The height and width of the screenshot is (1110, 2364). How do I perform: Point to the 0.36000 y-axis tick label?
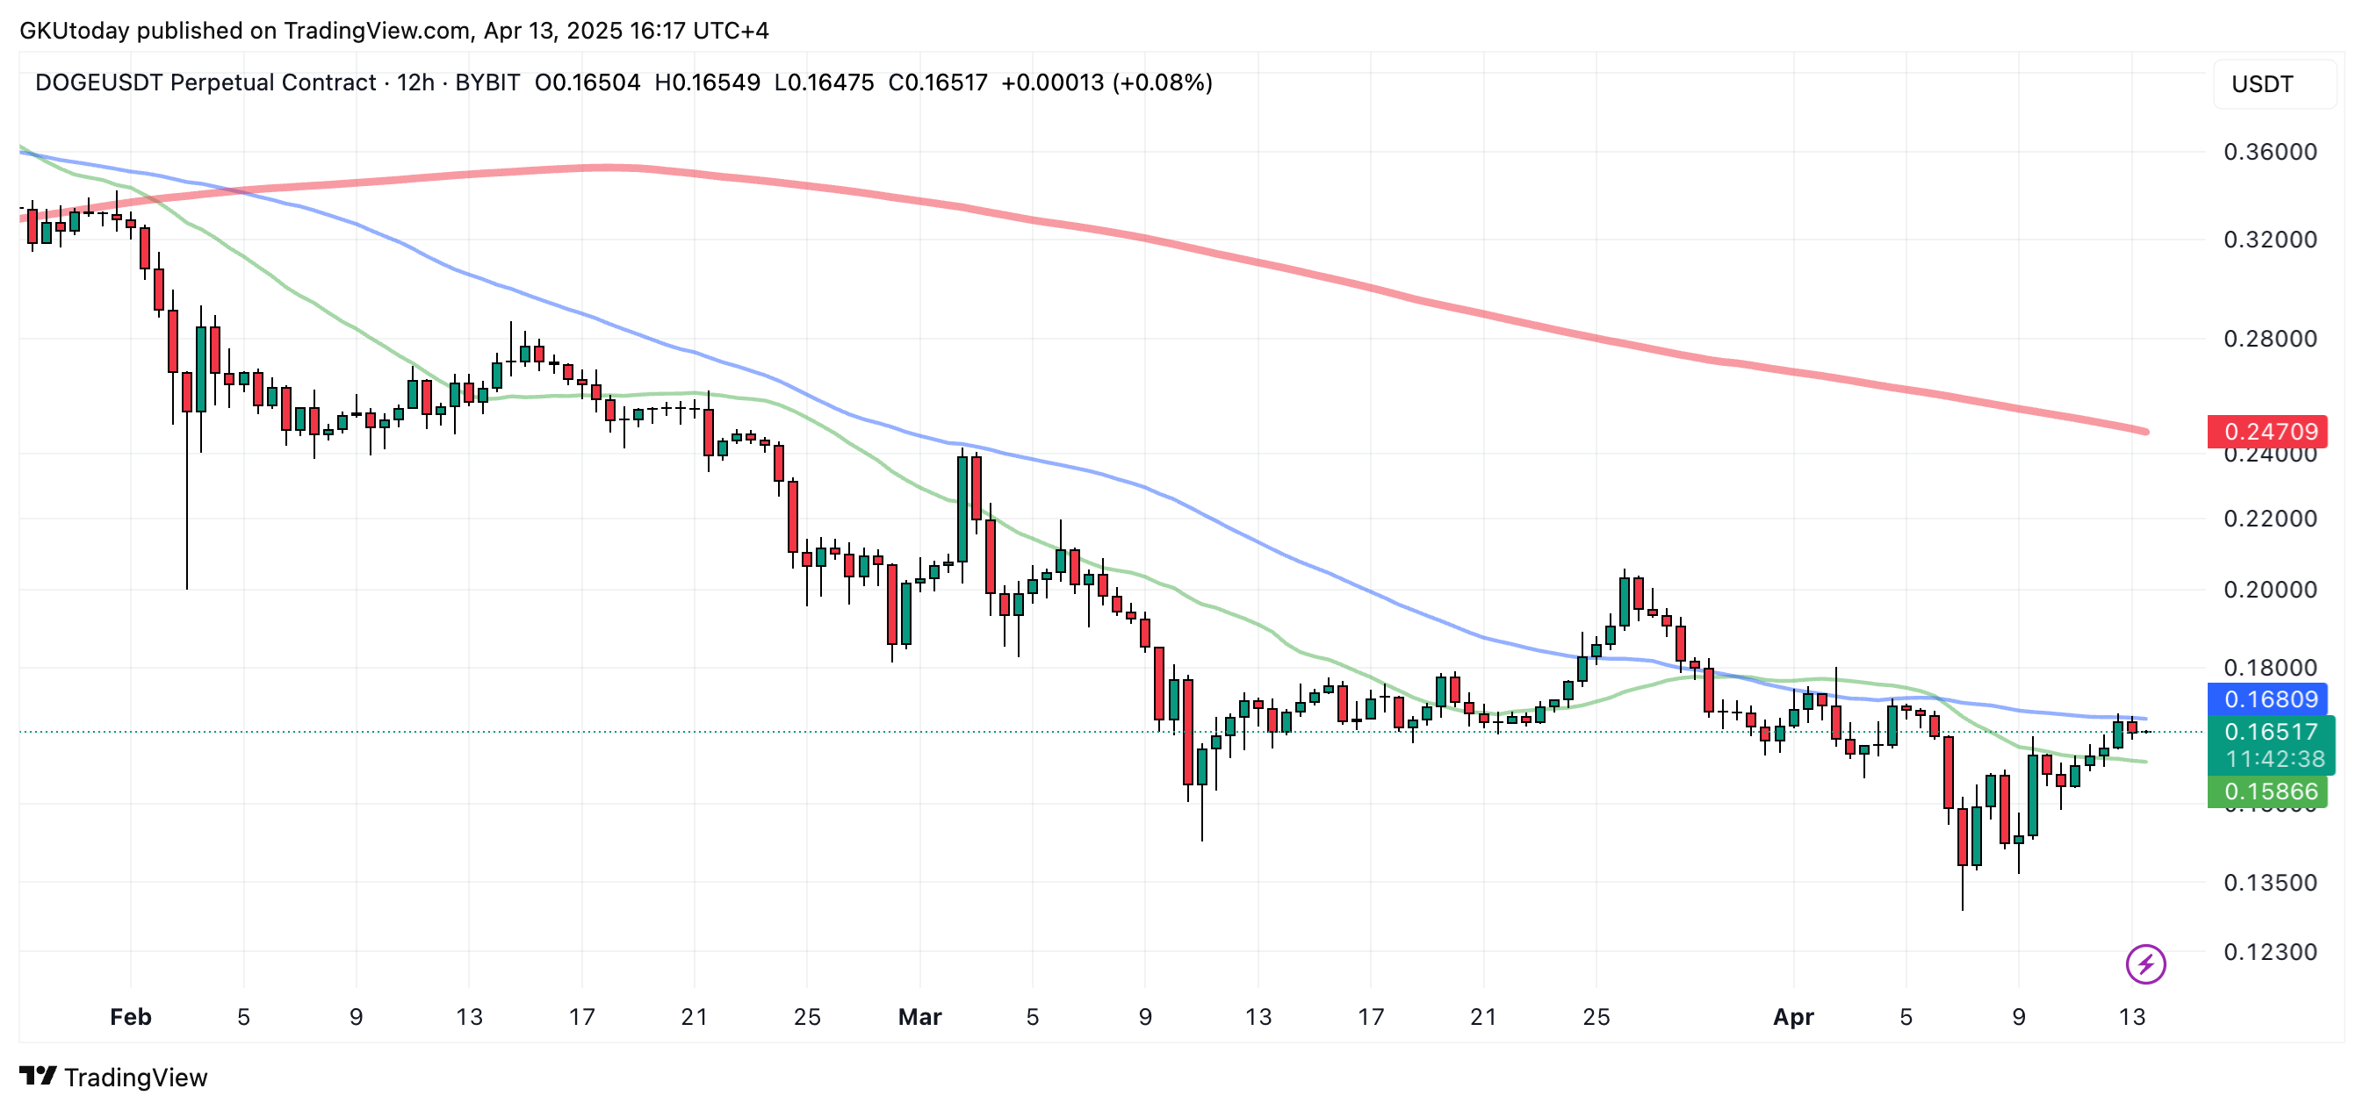pyautogui.click(x=2270, y=151)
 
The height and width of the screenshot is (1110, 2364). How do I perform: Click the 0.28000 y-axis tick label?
pyautogui.click(x=2270, y=339)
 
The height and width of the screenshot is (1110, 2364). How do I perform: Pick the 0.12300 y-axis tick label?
pyautogui.click(x=2270, y=951)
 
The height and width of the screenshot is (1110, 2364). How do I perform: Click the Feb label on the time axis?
pyautogui.click(x=130, y=1016)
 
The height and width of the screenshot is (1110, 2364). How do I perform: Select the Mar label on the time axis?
pyautogui.click(x=919, y=1016)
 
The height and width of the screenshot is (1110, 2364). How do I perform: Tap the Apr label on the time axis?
pyautogui.click(x=1793, y=1016)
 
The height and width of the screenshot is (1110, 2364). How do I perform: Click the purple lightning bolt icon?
pyautogui.click(x=2145, y=964)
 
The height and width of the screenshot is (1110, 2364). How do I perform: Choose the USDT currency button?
pyautogui.click(x=2262, y=84)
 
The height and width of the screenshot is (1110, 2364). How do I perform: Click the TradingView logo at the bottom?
pyautogui.click(x=114, y=1077)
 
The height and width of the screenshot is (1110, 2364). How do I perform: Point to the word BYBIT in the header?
pyautogui.click(x=487, y=82)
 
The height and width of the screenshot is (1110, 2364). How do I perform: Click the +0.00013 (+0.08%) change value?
pyautogui.click(x=1106, y=82)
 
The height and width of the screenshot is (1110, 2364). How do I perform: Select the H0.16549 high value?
pyautogui.click(x=707, y=82)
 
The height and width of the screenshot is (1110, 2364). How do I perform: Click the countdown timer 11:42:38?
pyautogui.click(x=2275, y=759)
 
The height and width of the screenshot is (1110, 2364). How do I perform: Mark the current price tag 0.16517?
pyautogui.click(x=2270, y=732)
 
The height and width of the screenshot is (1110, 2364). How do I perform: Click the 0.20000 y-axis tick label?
pyautogui.click(x=2270, y=589)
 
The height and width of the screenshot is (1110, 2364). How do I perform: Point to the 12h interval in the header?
pyautogui.click(x=414, y=82)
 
